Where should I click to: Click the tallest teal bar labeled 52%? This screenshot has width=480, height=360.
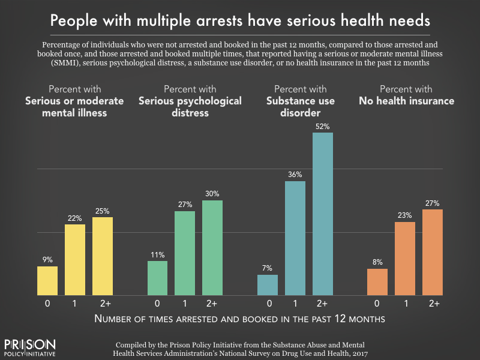point(323,214)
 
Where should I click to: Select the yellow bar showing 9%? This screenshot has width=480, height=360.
point(47,281)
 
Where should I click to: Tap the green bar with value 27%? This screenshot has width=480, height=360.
point(185,253)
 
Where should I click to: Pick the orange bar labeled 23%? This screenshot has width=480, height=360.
point(405,259)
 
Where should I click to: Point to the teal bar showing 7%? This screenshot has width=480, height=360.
point(268,285)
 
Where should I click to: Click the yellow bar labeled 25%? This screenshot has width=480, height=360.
point(103,256)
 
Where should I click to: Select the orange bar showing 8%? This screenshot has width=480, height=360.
point(377,282)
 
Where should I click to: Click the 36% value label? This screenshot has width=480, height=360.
point(295,175)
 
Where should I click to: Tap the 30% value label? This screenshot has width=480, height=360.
point(212,194)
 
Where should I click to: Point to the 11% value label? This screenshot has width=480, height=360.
point(157,254)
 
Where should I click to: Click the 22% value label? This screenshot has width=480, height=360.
point(75,218)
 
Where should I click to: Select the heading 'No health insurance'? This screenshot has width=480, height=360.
point(406,101)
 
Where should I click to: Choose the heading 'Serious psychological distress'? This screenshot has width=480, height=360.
point(190,106)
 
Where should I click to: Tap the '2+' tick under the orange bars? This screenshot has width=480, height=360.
point(433,304)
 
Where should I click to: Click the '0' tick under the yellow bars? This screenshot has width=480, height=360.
point(47,304)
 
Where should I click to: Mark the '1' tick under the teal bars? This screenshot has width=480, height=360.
point(295,304)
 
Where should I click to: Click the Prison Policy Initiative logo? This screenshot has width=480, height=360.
point(30,348)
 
